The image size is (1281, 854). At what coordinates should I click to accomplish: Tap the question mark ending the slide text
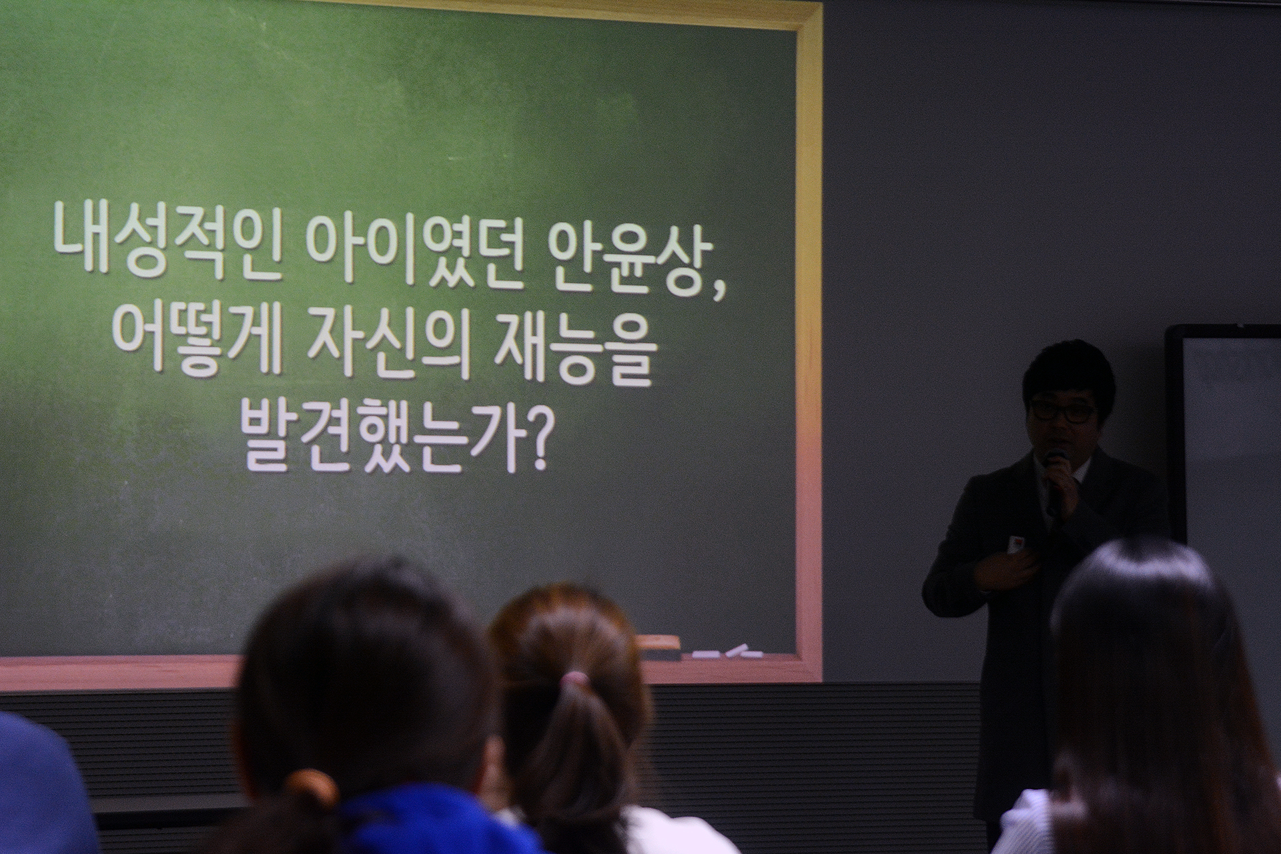[534, 440]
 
